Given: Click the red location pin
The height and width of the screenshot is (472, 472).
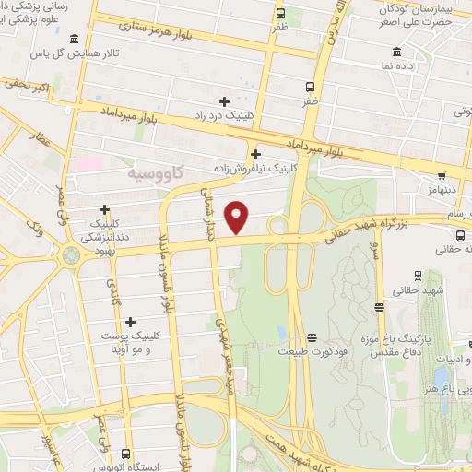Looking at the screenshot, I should [238, 217].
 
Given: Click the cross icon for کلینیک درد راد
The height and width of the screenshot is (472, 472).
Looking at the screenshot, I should [224, 100].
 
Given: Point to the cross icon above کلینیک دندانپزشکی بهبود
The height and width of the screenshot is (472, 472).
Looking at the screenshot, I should [104, 209].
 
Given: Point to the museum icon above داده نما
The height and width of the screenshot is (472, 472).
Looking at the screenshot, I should [396, 51].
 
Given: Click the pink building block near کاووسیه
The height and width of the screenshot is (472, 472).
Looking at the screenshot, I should [89, 164].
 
